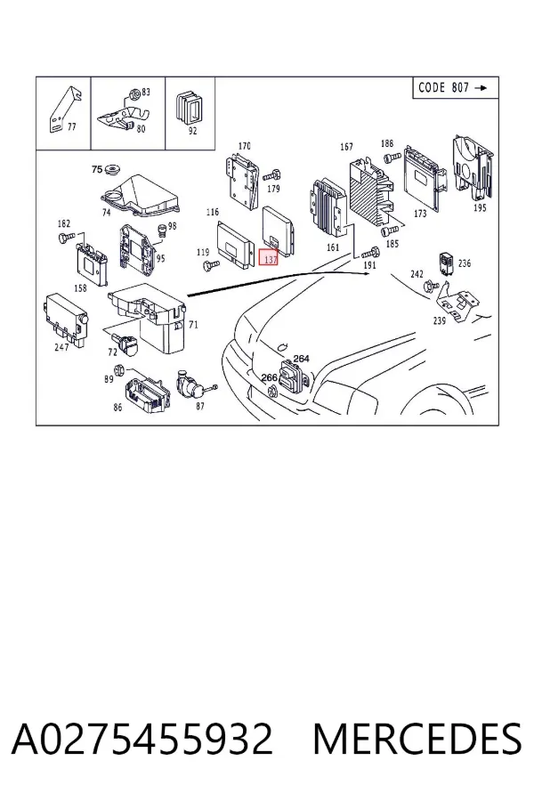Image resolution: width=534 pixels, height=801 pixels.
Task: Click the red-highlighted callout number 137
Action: pos(269,257)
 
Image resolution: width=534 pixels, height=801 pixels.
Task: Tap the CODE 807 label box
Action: pos(456,88)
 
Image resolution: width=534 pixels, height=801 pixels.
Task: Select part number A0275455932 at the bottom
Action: pos(142,739)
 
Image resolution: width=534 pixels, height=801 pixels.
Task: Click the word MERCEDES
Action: pos(417,739)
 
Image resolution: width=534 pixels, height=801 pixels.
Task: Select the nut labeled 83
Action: pos(134,93)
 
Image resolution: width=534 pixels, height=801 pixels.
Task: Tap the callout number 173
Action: pos(419,213)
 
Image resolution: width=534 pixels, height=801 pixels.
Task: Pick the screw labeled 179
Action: pos(271,176)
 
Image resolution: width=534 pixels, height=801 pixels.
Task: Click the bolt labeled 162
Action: pos(67,236)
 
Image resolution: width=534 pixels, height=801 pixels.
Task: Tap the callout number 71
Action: pos(194,324)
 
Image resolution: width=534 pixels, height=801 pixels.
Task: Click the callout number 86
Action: pos(117,407)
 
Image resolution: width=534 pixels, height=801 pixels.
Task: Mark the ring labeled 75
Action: pos(110,170)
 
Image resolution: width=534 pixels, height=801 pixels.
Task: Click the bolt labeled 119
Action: pos(211,264)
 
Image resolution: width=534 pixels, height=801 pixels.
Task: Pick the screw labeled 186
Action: pos(392,157)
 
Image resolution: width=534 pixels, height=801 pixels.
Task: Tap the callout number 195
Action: pos(480,208)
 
